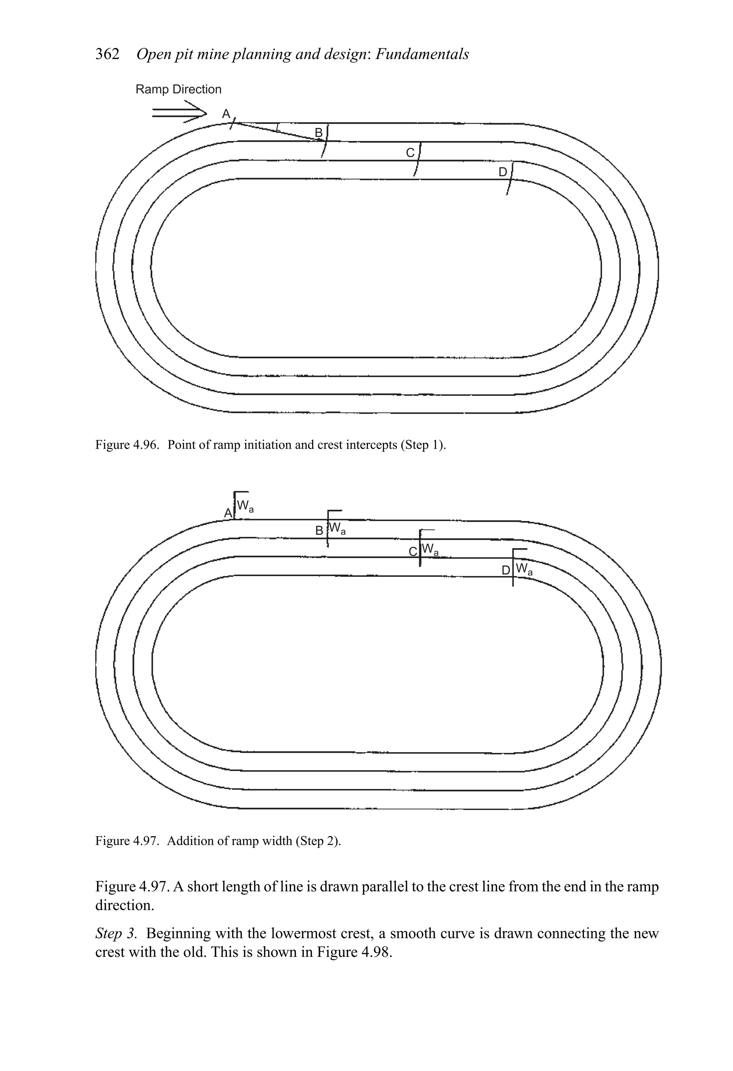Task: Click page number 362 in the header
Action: [x=107, y=54]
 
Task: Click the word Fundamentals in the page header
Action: [x=422, y=54]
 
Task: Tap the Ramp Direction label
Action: [x=178, y=89]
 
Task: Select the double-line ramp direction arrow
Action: [x=179, y=112]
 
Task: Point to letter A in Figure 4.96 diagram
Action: [x=226, y=114]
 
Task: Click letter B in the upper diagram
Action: [x=319, y=133]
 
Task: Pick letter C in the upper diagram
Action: [x=410, y=152]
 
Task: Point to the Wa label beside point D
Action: [x=524, y=569]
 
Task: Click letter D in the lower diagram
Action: [x=506, y=570]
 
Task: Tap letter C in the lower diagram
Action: [x=413, y=551]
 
